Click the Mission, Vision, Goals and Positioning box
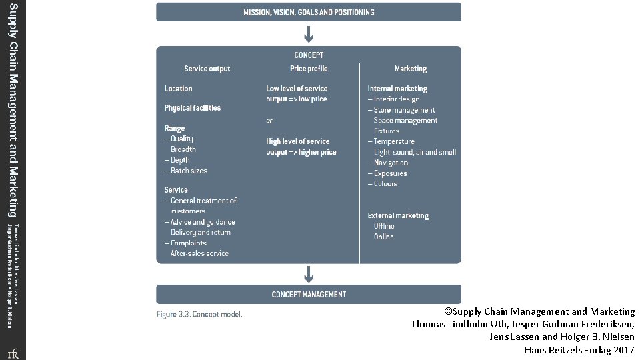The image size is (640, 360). tap(308, 12)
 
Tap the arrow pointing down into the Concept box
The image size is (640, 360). tap(309, 33)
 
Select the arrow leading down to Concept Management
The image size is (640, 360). tap(309, 273)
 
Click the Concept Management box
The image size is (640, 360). tap(308, 294)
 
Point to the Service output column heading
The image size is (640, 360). tap(207, 69)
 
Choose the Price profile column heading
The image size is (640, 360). tap(309, 69)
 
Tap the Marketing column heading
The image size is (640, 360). tap(410, 69)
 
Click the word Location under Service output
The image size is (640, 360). tap(178, 89)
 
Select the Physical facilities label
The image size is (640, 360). tap(193, 108)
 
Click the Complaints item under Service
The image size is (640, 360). tap(189, 243)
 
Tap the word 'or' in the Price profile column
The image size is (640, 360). tap(269, 121)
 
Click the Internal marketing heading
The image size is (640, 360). tap(397, 89)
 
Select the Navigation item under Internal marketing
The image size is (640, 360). tap(391, 163)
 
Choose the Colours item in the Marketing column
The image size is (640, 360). tap(385, 184)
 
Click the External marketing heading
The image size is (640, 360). tap(398, 216)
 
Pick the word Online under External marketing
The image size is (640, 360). tap(384, 237)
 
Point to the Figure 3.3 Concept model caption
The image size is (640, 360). tap(199, 314)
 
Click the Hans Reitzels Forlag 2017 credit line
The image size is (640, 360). tap(579, 350)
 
